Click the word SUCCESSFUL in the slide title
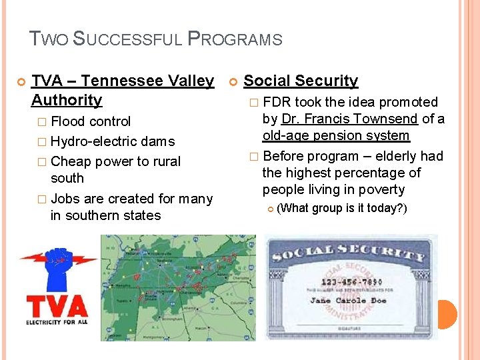click(127, 39)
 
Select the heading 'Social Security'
click(301, 81)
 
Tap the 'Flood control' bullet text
click(91, 121)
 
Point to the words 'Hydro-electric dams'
click(112, 141)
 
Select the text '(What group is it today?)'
click(341, 208)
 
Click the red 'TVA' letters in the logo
click(57, 306)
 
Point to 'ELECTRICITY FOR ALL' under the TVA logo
click(57, 322)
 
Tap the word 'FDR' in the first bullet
click(277, 102)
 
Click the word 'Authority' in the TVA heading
click(67, 100)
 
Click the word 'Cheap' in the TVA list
click(71, 161)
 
